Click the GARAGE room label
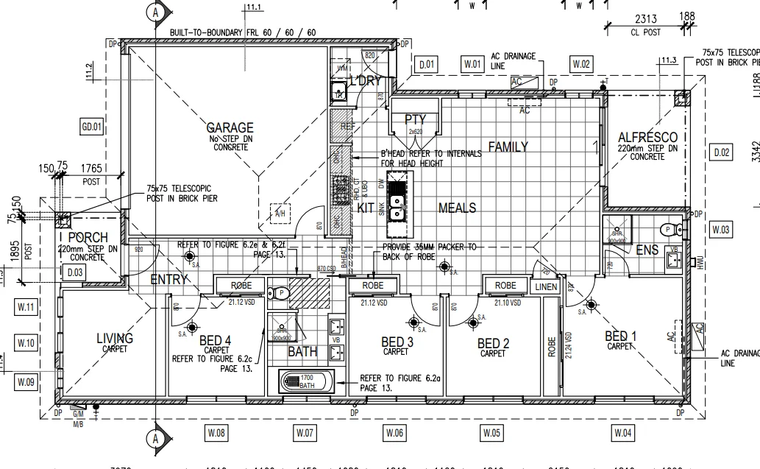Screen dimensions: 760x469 point(230,127)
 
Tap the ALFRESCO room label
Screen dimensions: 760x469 point(647,138)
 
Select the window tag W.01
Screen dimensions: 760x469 point(472,65)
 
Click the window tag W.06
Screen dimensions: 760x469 point(395,433)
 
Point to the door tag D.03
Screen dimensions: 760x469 point(75,272)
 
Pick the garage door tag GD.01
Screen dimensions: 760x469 point(91,127)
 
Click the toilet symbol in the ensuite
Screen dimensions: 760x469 point(667,229)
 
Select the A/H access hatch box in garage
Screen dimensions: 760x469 point(280,213)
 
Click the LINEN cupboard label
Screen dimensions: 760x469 point(546,286)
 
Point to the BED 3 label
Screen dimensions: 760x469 point(397,342)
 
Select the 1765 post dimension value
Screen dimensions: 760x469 point(92,169)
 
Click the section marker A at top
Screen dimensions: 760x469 point(154,12)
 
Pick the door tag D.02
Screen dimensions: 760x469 point(722,152)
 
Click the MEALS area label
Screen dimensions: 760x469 point(457,208)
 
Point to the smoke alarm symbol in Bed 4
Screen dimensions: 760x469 point(192,328)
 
